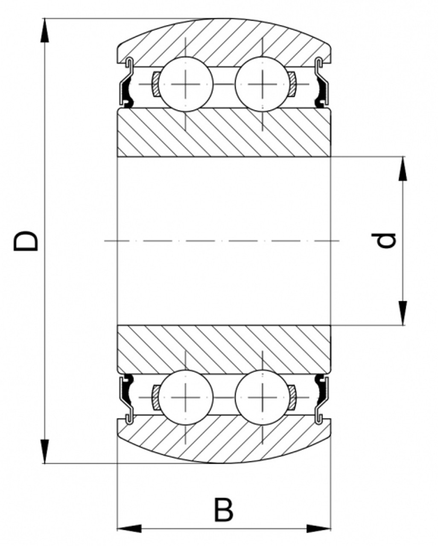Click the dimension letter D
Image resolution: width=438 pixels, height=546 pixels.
coord(26,241)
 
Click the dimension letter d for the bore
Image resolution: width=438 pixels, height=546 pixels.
coord(388,241)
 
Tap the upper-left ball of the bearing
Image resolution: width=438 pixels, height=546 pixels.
coord(187,84)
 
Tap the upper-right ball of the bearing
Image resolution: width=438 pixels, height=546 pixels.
coord(262,84)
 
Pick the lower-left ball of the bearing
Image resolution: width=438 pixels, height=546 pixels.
coord(187,397)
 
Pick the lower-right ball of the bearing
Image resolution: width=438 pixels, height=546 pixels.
coord(262,397)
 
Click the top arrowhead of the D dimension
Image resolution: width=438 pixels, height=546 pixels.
coord(44,30)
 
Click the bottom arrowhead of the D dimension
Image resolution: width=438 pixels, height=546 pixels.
coord(44,452)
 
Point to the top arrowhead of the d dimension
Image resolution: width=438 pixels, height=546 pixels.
coord(403,168)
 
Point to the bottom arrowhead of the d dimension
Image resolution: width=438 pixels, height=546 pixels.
coord(403,314)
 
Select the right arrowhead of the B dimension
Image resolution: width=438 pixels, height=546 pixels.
coord(319,529)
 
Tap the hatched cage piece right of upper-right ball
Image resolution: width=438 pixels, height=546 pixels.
coord(292,84)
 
